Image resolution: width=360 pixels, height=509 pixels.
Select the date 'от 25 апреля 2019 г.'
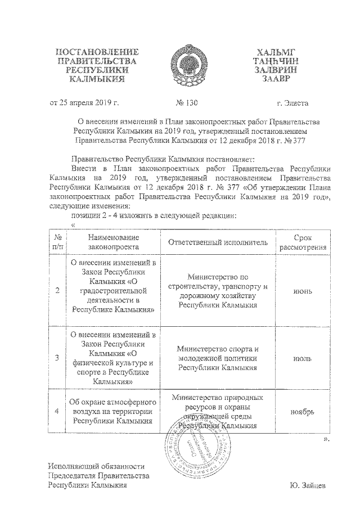pyautogui.click(x=85, y=103)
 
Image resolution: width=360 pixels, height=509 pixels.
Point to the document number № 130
pyautogui.click(x=187, y=103)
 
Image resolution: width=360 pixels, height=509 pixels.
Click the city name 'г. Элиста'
pyautogui.click(x=292, y=103)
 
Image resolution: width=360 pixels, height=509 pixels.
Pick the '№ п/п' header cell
pyautogui.click(x=58, y=242)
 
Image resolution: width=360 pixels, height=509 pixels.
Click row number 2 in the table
pyautogui.click(x=58, y=291)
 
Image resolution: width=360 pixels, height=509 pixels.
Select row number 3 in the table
pyautogui.click(x=58, y=357)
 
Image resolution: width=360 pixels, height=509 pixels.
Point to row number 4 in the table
pyautogui.click(x=58, y=411)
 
